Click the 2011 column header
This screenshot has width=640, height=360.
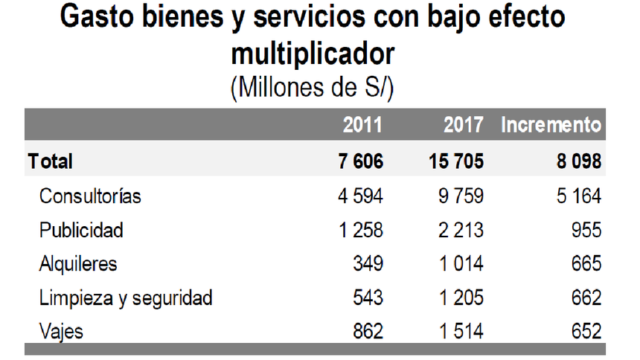362,125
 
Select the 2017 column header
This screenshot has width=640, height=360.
464,125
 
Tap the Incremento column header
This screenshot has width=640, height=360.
551,125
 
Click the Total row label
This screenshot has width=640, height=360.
51,161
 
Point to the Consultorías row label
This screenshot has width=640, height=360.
90,196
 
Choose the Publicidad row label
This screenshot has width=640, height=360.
81,230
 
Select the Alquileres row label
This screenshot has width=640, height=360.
78,264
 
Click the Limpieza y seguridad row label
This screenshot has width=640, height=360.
126,298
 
